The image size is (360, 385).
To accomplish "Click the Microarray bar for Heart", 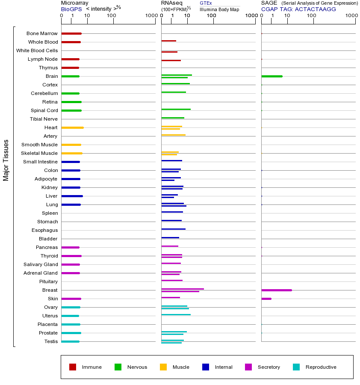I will point(72,127).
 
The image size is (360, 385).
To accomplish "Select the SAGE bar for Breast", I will point(276,290).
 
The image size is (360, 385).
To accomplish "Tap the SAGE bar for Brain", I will point(271,76).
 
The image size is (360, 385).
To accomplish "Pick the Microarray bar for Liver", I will point(72,196).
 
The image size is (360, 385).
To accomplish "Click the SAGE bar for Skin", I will point(266,299).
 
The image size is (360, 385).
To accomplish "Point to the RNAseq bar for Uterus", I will point(176,314).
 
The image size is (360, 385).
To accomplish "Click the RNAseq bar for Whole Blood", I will point(168,41).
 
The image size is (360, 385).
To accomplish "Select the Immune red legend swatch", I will point(73,367).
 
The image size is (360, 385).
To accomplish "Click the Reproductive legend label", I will point(321,367).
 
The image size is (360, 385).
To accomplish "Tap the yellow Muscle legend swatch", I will point(163,367).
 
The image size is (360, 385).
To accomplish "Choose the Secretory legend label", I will point(269,367).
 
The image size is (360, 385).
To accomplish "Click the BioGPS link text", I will point(70,9).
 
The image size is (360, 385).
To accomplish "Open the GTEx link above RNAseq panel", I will point(206,3).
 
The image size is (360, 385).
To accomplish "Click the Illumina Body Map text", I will point(219,9).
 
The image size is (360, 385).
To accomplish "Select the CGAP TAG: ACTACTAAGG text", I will point(298,9).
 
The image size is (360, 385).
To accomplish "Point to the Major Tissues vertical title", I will point(6,160).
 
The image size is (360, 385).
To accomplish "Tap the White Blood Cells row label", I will point(37,50).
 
